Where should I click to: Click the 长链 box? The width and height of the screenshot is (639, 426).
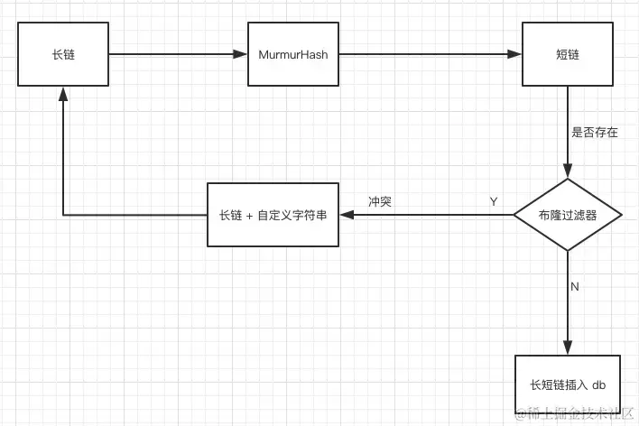click(x=63, y=55)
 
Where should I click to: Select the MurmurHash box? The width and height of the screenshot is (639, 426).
click(x=292, y=55)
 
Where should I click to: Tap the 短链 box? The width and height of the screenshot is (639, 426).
click(x=568, y=55)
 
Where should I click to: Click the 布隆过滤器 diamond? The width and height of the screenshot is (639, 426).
click(x=568, y=216)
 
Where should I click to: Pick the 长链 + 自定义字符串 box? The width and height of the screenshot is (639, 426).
click(x=273, y=216)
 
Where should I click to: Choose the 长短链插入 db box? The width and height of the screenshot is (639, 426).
click(x=568, y=385)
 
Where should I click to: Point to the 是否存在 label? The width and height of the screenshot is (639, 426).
click(x=596, y=132)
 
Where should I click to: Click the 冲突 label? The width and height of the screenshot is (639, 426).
click(x=379, y=201)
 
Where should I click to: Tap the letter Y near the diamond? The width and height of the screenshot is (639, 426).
click(x=494, y=201)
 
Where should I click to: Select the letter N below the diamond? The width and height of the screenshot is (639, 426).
click(x=574, y=286)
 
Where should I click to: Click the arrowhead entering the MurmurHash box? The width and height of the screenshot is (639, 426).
click(x=241, y=55)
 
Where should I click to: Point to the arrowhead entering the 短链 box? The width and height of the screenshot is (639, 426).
click(x=517, y=55)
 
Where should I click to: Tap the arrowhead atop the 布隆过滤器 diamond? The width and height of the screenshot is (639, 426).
click(x=568, y=174)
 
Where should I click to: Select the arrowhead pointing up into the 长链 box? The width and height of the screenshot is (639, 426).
click(x=63, y=93)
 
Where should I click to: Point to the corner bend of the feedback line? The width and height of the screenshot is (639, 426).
click(x=63, y=216)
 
